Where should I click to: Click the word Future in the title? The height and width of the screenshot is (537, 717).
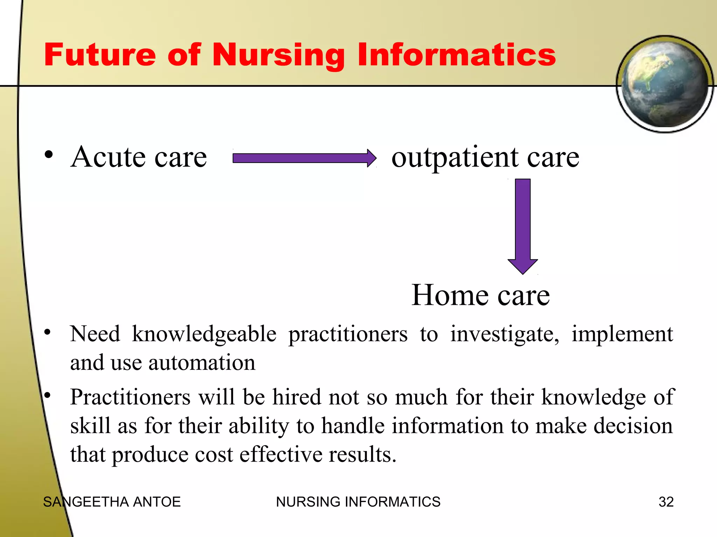[x=100, y=55]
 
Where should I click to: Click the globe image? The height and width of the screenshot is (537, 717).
[x=664, y=84]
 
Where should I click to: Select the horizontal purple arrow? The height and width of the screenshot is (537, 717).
[x=304, y=158]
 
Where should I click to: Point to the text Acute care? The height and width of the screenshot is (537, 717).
[x=139, y=157]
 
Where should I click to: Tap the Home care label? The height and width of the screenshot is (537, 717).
[x=480, y=295]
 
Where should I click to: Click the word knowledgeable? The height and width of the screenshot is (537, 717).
[x=204, y=334]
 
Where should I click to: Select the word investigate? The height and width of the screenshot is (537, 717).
[x=504, y=334]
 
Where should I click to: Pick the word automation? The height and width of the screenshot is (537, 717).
[x=202, y=363]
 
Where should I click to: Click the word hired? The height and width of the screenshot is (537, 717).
[x=297, y=398]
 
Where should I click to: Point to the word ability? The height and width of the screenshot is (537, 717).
[x=259, y=426]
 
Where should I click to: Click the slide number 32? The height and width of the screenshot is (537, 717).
[x=666, y=502]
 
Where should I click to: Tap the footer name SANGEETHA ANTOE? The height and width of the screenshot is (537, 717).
[x=112, y=502]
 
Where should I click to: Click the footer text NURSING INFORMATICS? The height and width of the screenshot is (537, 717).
[x=358, y=502]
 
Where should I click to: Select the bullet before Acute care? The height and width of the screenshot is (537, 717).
[x=49, y=155]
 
